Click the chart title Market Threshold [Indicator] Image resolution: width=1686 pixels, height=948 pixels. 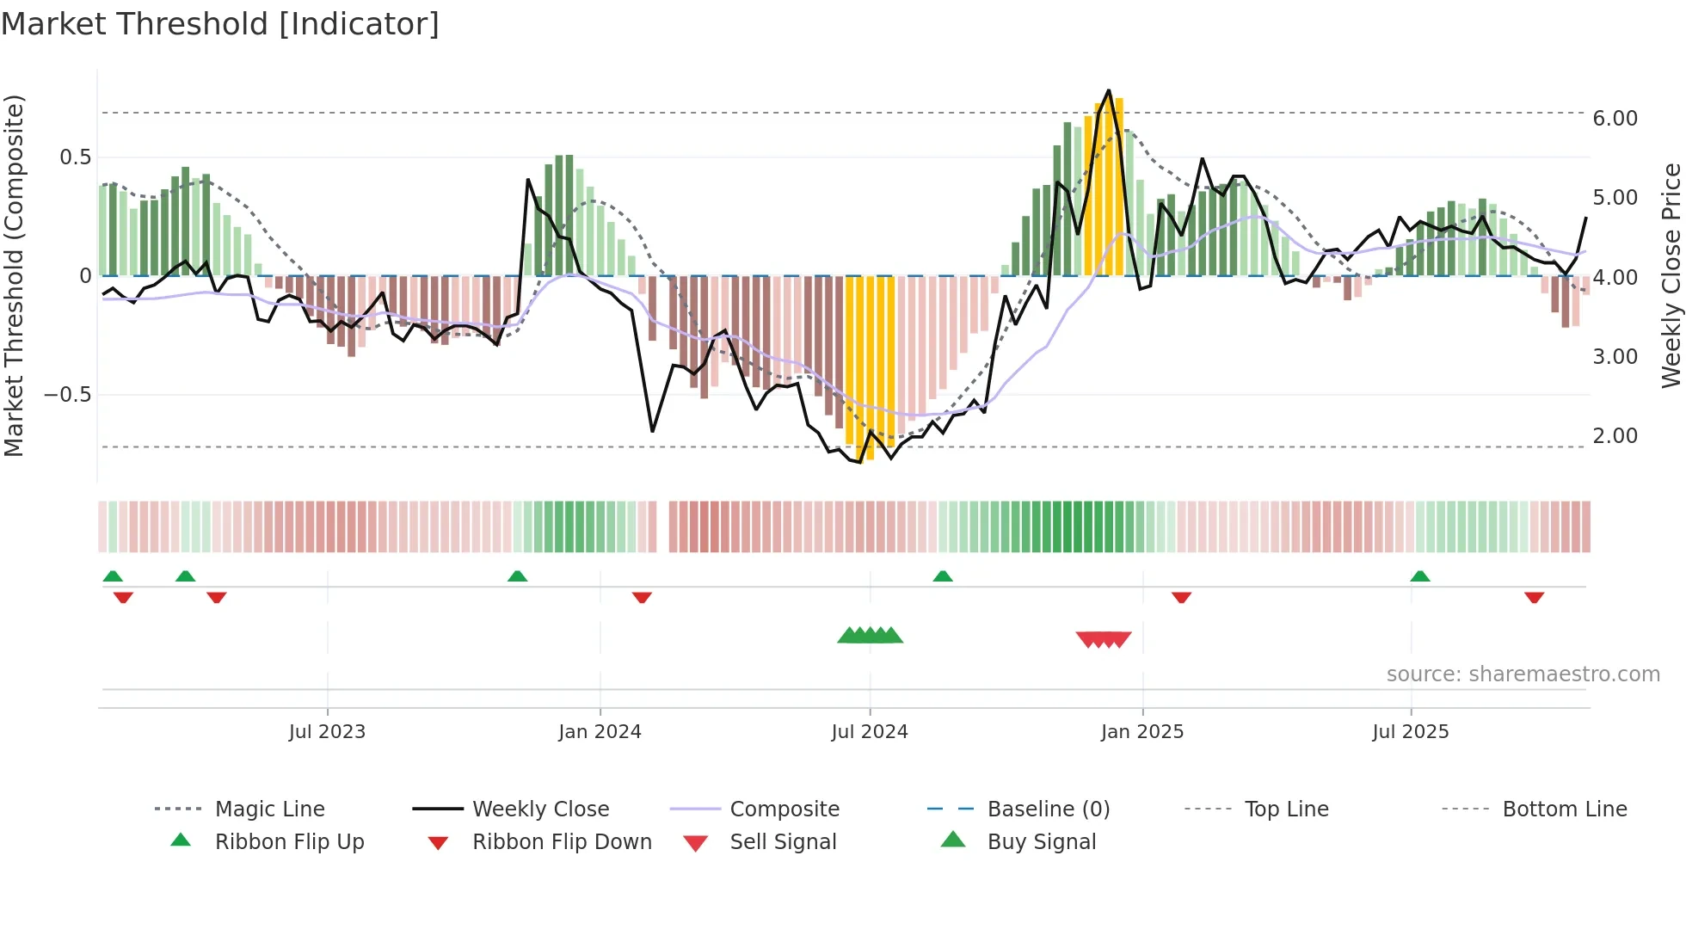(x=220, y=24)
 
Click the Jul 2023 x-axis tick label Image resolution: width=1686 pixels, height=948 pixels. (x=327, y=732)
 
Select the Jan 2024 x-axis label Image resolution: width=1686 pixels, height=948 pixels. (x=600, y=732)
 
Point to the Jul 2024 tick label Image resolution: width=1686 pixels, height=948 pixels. (x=870, y=732)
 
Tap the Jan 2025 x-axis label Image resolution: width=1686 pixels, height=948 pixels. (x=1142, y=732)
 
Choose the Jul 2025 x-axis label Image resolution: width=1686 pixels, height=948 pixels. (x=1411, y=732)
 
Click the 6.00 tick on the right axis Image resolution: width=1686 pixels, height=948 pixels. (x=1615, y=119)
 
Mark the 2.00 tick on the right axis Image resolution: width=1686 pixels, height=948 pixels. (x=1615, y=436)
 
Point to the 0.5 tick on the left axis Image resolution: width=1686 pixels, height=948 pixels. (x=75, y=157)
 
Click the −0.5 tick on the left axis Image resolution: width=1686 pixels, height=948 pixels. (x=68, y=395)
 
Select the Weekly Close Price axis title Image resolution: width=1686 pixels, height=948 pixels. (x=1671, y=275)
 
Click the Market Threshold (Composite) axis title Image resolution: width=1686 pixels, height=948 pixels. (x=14, y=275)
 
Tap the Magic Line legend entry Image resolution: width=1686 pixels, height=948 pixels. (x=269, y=809)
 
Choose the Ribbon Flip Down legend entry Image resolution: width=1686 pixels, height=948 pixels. (x=562, y=842)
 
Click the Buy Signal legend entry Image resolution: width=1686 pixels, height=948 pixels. (x=1041, y=842)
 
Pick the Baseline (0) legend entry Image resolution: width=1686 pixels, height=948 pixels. (x=1048, y=809)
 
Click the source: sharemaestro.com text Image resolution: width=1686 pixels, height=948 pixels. (x=1523, y=674)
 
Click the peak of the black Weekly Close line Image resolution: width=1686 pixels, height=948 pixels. (x=1108, y=90)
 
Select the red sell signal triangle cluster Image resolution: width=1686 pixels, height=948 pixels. (x=1104, y=639)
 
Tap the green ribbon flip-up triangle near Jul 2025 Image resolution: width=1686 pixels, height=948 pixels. (x=1420, y=576)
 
